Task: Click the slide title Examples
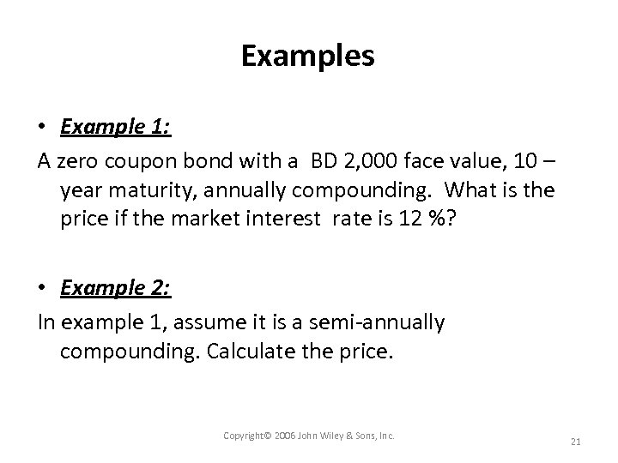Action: (x=308, y=57)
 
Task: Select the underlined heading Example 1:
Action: (x=116, y=128)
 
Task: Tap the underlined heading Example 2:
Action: (x=116, y=287)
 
